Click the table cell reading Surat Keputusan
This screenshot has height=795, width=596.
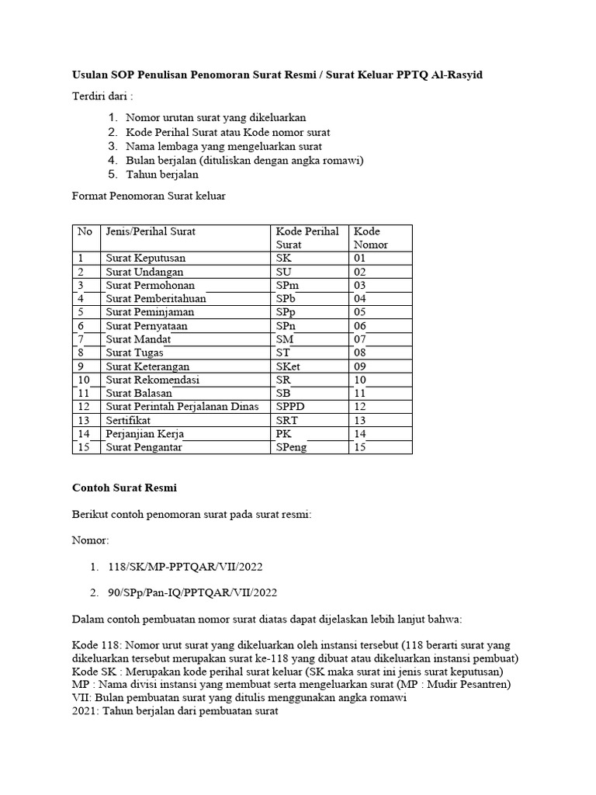point(146,258)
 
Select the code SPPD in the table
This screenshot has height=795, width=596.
point(292,407)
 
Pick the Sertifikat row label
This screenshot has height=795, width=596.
point(129,420)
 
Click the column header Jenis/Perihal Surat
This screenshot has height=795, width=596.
point(151,231)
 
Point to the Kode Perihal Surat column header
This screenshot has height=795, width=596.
point(307,238)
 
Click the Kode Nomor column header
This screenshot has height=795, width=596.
point(371,238)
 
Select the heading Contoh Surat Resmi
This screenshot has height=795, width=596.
point(124,488)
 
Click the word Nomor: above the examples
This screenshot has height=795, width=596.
point(91,540)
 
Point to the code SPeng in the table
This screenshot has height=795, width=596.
point(292,447)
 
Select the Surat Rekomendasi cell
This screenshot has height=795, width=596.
point(153,380)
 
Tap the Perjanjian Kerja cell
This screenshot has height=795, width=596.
point(145,434)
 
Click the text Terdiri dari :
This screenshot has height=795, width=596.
point(102,96)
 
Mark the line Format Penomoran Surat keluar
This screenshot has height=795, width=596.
point(149,196)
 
